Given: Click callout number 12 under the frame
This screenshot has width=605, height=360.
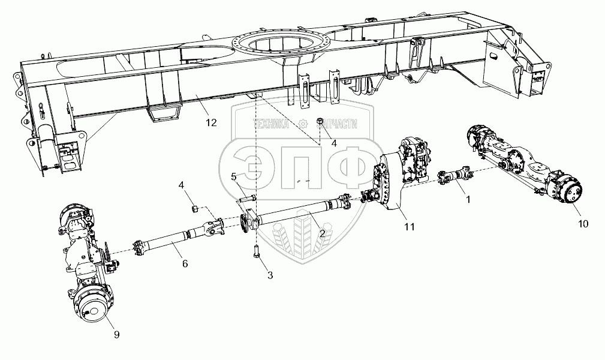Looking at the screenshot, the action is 211,123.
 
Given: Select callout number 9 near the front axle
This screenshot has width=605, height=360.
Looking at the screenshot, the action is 116,334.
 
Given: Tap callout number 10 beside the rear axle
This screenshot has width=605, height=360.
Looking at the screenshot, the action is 583,223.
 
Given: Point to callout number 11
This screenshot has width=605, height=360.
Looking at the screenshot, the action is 409,227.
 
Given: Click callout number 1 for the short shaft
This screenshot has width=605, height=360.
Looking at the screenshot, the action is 468,199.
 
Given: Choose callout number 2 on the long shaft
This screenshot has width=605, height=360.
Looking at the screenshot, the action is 322,233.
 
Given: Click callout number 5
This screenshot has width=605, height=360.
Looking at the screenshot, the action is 233,177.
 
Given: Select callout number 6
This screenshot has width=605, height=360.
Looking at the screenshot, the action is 185,263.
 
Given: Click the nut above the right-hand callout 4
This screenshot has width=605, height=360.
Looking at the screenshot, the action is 320,122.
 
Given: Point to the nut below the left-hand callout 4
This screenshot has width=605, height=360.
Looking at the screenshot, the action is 195,209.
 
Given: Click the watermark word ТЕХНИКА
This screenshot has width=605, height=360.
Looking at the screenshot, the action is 270,124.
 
